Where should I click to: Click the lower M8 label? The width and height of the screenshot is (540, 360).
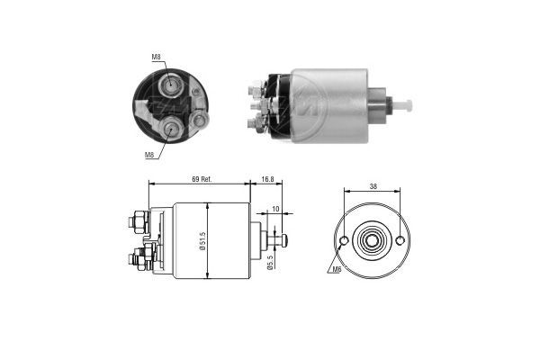click(150, 155)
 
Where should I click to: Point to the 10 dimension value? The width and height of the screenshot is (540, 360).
click(274, 211)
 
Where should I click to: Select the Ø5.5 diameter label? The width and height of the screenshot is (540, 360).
click(270, 262)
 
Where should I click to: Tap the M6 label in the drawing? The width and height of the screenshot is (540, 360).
click(337, 269)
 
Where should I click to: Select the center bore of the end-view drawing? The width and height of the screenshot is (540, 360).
click(371, 240)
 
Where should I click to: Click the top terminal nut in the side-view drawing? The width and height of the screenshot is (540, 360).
click(139, 218)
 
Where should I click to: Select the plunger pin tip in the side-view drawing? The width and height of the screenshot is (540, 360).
click(284, 239)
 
